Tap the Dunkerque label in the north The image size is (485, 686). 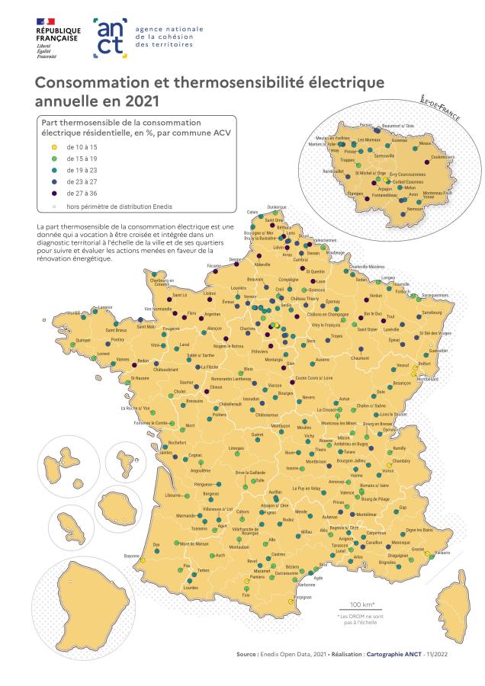point(277,207)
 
